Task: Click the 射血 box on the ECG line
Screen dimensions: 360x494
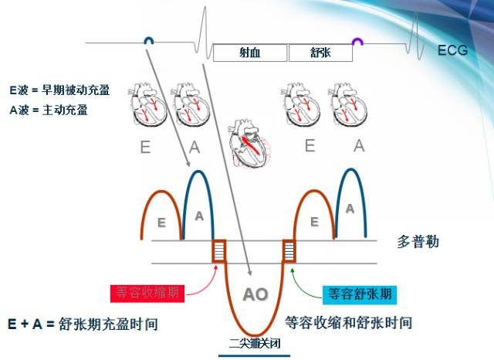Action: [x=249, y=53]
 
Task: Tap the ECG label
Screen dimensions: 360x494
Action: [x=452, y=51]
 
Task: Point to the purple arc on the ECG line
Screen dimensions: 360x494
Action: [x=358, y=41]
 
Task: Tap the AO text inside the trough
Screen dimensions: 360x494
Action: [x=255, y=294]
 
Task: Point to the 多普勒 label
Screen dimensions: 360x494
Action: [x=418, y=242]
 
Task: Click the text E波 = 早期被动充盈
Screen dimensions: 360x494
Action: [x=59, y=90]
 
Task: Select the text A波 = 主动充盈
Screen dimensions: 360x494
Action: [x=49, y=110]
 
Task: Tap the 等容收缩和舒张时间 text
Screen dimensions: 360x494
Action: [x=348, y=322]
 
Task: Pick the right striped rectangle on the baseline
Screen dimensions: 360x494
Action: [x=289, y=251]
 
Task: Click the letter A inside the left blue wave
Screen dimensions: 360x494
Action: [x=199, y=217]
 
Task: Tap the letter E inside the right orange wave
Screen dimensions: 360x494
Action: [x=313, y=222]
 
